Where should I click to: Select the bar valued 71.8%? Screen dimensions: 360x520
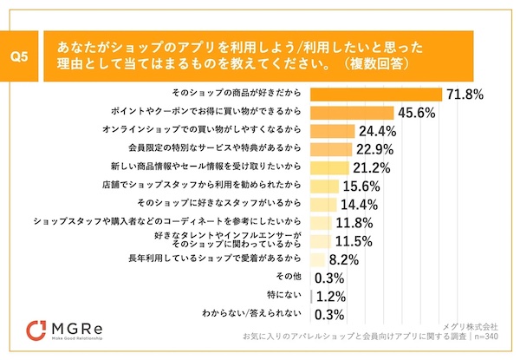(374, 94)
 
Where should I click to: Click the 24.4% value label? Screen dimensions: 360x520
(377, 132)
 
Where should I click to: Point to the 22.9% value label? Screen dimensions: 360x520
(373, 149)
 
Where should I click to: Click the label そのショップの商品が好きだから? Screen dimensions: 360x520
(239, 94)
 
